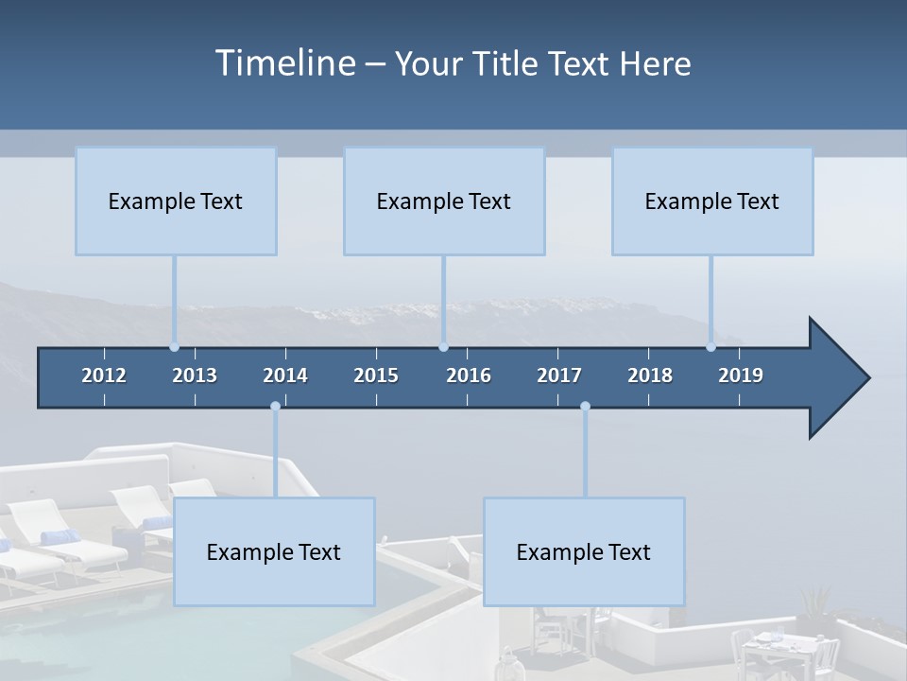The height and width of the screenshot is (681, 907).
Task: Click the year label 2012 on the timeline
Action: click(104, 375)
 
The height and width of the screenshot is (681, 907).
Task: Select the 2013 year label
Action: click(195, 375)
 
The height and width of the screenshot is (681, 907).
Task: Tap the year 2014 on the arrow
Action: click(285, 375)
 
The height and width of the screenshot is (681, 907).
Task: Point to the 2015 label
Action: click(376, 375)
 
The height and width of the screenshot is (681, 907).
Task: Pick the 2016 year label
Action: click(469, 375)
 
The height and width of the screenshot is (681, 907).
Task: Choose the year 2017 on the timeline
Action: click(559, 375)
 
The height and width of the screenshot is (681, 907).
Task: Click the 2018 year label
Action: click(650, 375)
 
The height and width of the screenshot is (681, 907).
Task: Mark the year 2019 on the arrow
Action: click(741, 375)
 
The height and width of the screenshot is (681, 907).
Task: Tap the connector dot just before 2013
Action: click(174, 347)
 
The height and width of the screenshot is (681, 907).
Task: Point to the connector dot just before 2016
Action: click(444, 347)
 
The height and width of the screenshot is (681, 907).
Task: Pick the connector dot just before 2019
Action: click(711, 347)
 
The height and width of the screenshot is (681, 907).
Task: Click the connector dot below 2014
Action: click(275, 407)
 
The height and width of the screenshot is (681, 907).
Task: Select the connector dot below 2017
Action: click(585, 407)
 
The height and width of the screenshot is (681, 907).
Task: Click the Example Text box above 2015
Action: click(444, 201)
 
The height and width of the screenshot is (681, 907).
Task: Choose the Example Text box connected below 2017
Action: click(584, 551)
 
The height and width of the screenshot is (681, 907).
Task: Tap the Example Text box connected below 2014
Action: click(274, 551)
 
